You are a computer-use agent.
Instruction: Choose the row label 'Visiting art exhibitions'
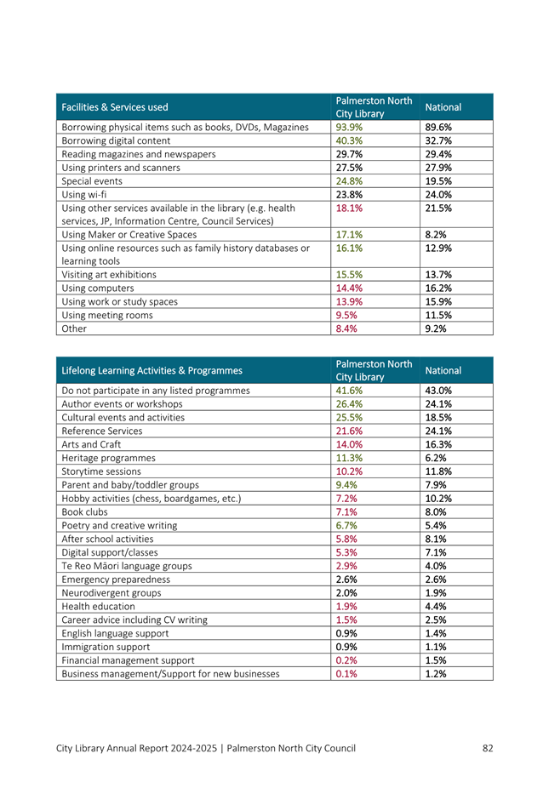tap(109, 275)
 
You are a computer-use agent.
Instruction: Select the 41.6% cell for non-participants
tap(349, 391)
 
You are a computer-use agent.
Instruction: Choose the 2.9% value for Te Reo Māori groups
tap(346, 564)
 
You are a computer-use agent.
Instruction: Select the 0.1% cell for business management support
tap(346, 673)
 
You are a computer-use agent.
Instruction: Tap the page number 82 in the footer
tap(487, 748)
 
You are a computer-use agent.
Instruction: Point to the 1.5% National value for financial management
tap(435, 660)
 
